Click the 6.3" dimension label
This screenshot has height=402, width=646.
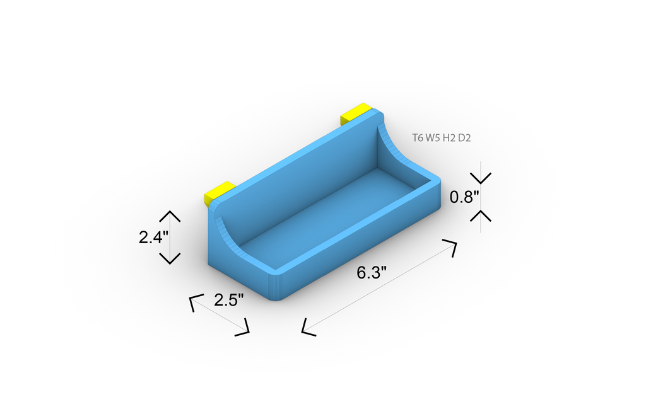(372, 272)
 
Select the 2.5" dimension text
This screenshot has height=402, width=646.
(229, 300)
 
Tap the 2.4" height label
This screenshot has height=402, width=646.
(154, 238)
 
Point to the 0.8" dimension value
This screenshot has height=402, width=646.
(465, 197)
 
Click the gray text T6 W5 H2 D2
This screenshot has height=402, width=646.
(441, 138)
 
